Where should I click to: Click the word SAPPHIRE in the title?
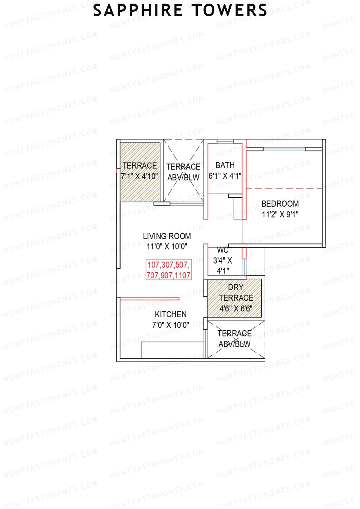click(x=138, y=10)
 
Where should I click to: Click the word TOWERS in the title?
click(x=229, y=10)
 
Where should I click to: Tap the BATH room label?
click(x=225, y=165)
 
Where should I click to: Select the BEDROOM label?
click(x=280, y=204)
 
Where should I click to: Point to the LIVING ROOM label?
click(x=167, y=236)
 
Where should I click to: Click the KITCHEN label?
click(x=170, y=314)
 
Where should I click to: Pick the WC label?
click(x=223, y=250)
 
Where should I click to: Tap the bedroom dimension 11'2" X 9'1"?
click(x=280, y=214)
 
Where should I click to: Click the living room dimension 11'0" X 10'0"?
click(x=167, y=247)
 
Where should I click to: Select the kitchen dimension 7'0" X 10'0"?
click(x=170, y=325)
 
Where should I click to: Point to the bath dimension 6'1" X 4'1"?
click(x=225, y=176)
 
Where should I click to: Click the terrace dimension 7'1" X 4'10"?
click(x=139, y=176)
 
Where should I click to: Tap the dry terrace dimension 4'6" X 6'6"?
click(x=236, y=309)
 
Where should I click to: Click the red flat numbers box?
click(x=169, y=270)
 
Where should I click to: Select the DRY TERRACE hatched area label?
click(x=236, y=293)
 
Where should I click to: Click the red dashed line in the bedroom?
click(x=283, y=188)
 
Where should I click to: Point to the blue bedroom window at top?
click(x=284, y=149)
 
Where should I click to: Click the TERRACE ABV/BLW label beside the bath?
click(x=183, y=172)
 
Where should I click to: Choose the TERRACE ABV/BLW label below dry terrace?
click(x=235, y=339)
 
